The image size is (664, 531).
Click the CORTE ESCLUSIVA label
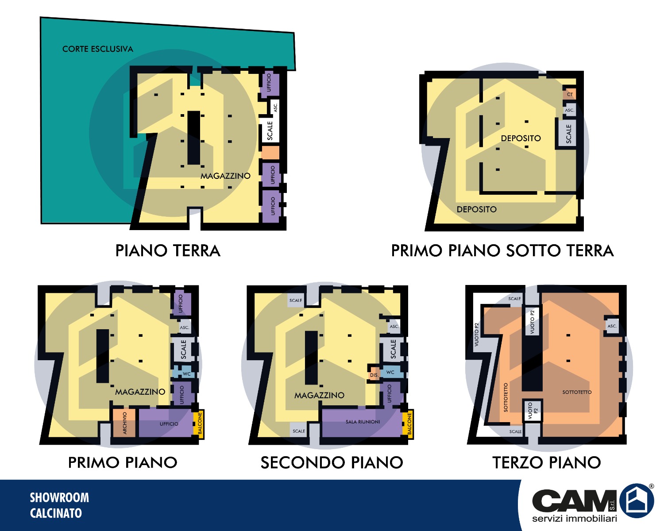(x=97, y=49)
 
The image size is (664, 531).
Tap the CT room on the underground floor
(x=570, y=94)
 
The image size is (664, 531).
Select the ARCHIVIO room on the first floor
(x=124, y=423)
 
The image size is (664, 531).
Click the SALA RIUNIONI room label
(x=363, y=422)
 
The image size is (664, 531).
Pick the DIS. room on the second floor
(x=374, y=373)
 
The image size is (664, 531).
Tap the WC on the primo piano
(x=183, y=373)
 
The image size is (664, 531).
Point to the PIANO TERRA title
(x=168, y=250)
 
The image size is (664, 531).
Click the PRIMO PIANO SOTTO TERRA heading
(x=502, y=250)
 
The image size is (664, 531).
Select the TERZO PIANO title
(x=546, y=462)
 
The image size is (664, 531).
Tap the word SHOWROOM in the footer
(x=59, y=498)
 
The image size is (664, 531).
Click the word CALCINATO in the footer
(x=56, y=513)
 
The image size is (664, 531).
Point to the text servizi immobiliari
(x=574, y=519)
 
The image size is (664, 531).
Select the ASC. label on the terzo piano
(x=612, y=326)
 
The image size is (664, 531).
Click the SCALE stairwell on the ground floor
(x=270, y=130)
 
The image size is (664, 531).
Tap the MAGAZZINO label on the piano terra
(x=226, y=176)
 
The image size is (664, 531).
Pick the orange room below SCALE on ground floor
(x=270, y=152)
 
